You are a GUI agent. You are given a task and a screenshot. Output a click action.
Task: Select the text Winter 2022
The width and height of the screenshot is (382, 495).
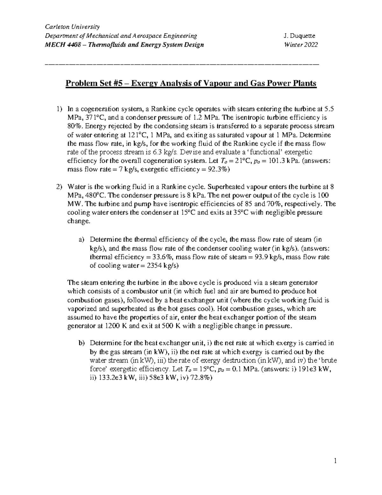[301, 45]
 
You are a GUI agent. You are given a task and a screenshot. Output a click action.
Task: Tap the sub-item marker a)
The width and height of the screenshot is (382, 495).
[82, 240]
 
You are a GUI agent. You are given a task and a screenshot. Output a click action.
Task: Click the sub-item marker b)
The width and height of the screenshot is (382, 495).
[82, 343]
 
